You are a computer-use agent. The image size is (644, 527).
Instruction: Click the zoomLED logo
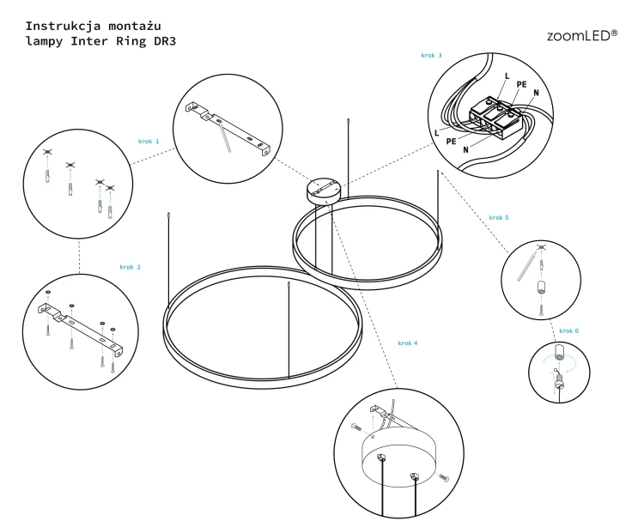tap(581, 35)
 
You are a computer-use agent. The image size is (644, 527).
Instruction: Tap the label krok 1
tap(149, 141)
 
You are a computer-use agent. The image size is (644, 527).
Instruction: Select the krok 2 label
tap(131, 267)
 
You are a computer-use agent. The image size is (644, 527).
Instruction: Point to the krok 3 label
tap(431, 56)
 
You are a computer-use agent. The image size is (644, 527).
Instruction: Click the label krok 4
tap(407, 343)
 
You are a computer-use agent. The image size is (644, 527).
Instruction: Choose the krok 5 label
tap(499, 217)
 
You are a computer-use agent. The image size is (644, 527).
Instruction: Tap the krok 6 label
tap(568, 330)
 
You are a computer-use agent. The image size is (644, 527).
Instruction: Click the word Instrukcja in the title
tap(63, 27)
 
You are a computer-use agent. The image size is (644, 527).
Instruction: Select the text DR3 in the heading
tap(165, 41)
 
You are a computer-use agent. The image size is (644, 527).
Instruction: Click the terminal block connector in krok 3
tap(497, 117)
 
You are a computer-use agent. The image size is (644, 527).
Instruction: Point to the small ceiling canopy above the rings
tap(324, 191)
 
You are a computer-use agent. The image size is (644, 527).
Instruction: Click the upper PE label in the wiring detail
tap(521, 84)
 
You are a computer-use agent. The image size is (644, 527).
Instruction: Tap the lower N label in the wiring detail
tap(465, 150)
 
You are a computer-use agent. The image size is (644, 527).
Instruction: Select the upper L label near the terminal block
tap(507, 76)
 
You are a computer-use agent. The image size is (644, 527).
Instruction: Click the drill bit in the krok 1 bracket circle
tap(226, 138)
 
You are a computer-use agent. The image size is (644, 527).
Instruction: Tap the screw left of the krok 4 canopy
tap(356, 427)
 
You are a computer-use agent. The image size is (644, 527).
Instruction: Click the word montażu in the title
tap(135, 27)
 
